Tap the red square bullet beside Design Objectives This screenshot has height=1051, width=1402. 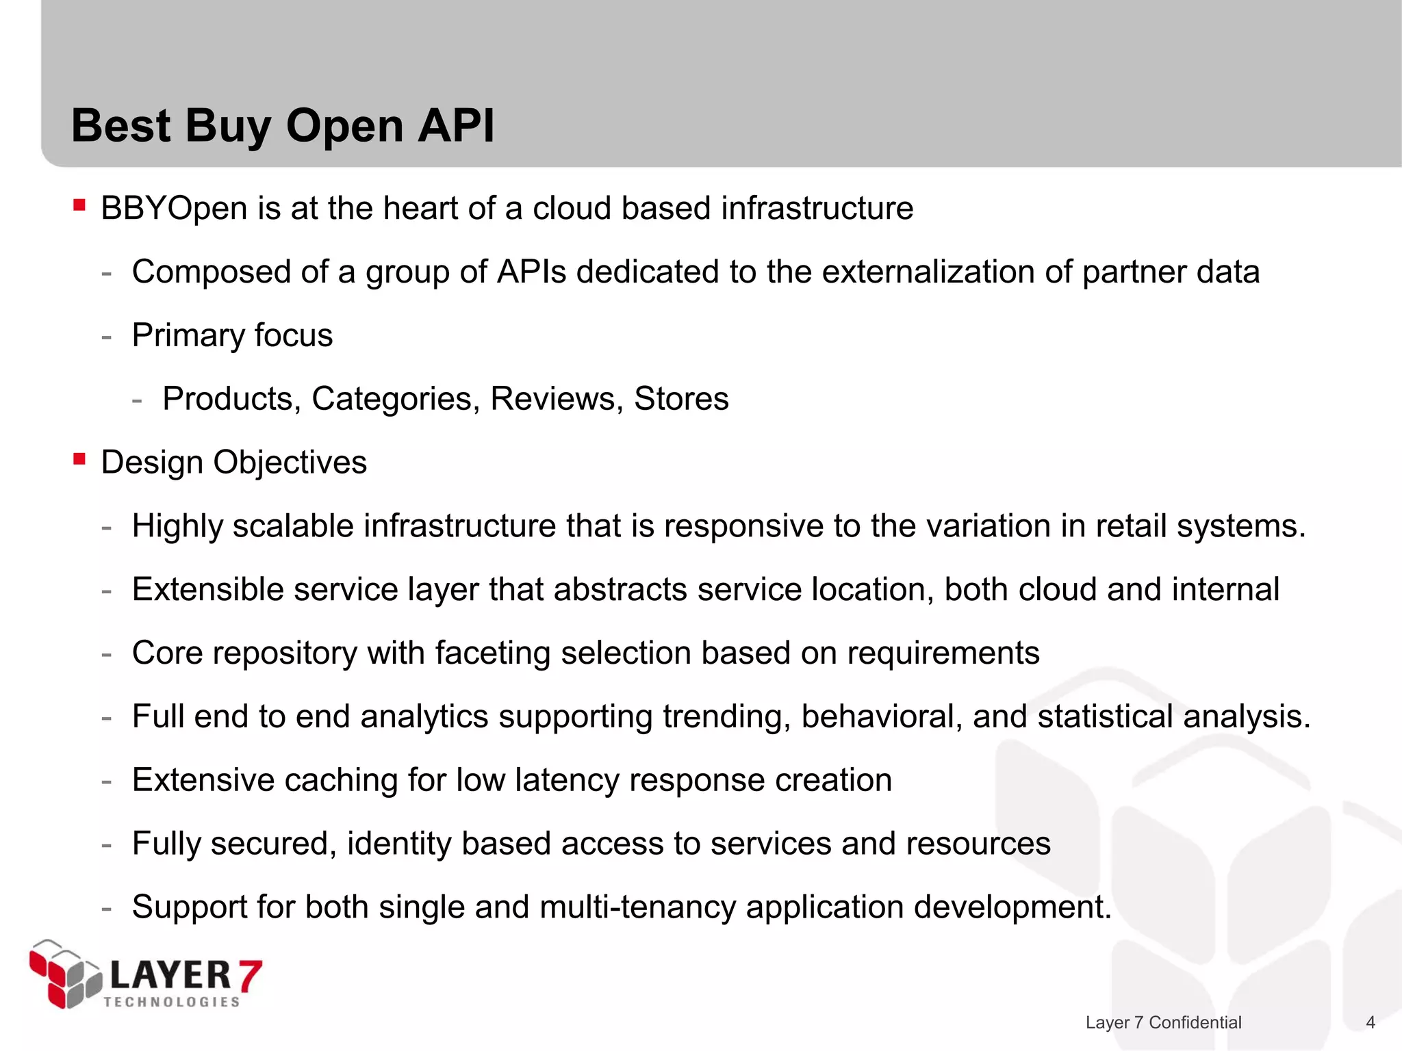click(79, 459)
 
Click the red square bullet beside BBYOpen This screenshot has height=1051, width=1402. click(79, 205)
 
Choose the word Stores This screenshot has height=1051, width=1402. click(681, 398)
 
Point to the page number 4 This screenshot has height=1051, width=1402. click(1370, 1022)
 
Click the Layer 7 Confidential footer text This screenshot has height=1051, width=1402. click(1163, 1022)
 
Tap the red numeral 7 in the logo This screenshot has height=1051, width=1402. click(250, 976)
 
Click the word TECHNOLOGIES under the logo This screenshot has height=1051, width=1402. click(172, 1002)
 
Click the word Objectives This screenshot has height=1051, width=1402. click(290, 463)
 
